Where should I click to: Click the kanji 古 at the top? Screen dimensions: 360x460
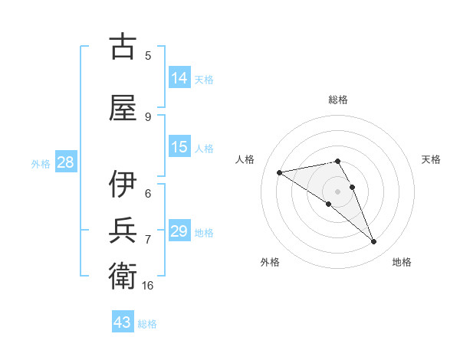click(x=123, y=47)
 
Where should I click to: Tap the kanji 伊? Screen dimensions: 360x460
click(x=123, y=184)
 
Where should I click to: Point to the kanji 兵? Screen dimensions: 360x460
click(x=123, y=231)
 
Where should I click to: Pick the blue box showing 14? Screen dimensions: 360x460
click(x=179, y=78)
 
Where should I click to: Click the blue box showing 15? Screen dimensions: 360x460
click(x=179, y=147)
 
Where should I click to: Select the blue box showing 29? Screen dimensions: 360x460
click(x=179, y=231)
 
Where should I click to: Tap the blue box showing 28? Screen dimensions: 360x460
click(x=65, y=162)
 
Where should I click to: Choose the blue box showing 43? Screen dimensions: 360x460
click(x=123, y=322)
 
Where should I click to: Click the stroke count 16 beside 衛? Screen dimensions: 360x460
click(x=148, y=286)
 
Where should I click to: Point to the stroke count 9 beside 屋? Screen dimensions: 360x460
click(x=148, y=116)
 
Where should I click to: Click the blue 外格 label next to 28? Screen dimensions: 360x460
click(x=41, y=163)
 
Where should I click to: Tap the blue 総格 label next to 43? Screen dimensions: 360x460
click(x=147, y=323)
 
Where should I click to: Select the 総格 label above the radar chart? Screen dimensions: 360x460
click(x=337, y=100)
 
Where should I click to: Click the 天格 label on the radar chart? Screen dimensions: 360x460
click(x=431, y=159)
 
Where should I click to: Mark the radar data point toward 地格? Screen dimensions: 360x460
click(x=374, y=242)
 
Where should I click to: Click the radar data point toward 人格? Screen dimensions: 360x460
click(x=280, y=172)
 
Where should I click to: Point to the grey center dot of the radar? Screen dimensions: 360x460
click(x=337, y=191)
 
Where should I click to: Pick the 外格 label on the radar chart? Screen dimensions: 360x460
click(x=270, y=262)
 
